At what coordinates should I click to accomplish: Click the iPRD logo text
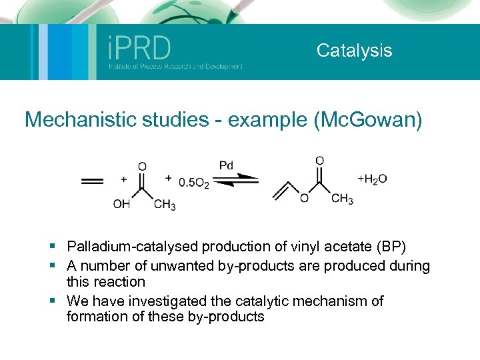pos(139,48)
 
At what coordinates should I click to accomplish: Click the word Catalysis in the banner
pos(354,51)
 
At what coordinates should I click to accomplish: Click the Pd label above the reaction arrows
pos(227,165)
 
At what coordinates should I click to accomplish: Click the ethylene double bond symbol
pos(92,181)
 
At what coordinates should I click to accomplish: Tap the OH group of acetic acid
pos(121,205)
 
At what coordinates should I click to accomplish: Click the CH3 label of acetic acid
pos(165,205)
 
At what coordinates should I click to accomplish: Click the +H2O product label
pos(372,179)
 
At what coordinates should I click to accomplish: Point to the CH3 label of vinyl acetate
pos(342,199)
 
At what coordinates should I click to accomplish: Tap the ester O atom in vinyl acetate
pos(303,199)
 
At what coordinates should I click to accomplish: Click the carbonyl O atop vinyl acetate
pos(320,161)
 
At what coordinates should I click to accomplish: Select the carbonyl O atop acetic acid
pos(142,166)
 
